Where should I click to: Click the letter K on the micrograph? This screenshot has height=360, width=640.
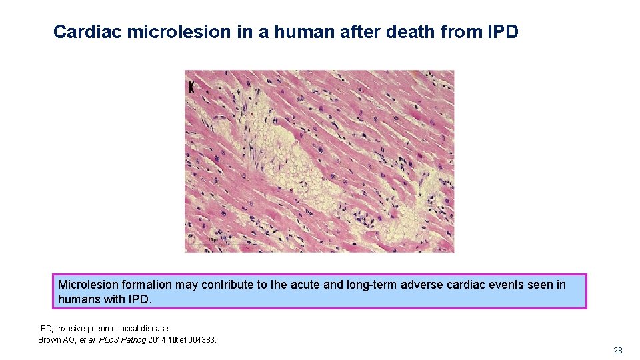[192, 87]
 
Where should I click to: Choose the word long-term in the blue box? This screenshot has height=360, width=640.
[371, 285]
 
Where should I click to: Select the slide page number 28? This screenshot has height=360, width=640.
[617, 351]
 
